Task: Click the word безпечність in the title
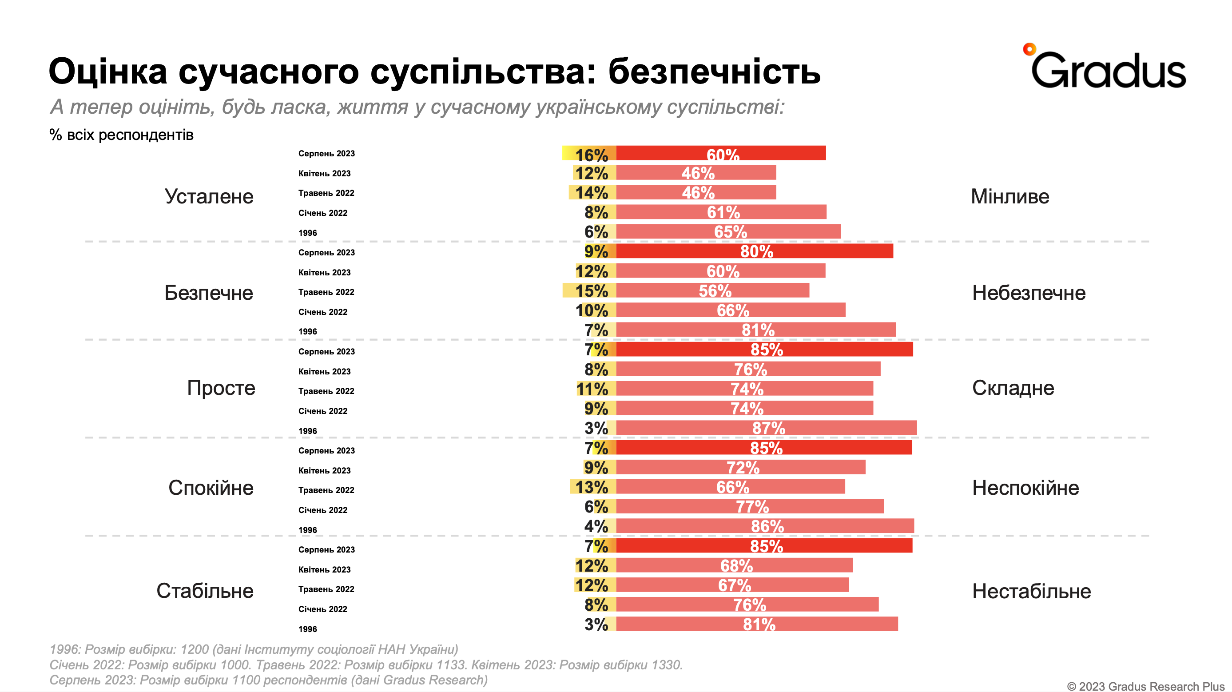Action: click(x=714, y=72)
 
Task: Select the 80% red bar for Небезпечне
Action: click(x=754, y=251)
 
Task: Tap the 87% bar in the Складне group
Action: click(x=766, y=428)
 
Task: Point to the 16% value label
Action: click(x=591, y=155)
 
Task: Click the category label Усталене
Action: click(x=209, y=197)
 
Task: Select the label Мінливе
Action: click(x=1009, y=197)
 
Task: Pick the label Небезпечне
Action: click(x=1029, y=293)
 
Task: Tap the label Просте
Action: click(x=221, y=388)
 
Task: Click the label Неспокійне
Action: click(x=1025, y=488)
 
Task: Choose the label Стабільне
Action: click(x=205, y=591)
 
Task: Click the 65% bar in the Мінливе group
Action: click(x=728, y=232)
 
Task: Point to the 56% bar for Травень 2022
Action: click(x=713, y=291)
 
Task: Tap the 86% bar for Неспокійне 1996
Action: click(x=765, y=526)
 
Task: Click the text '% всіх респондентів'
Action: click(x=122, y=135)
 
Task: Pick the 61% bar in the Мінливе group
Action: click(x=721, y=212)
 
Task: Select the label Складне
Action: click(x=1013, y=388)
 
